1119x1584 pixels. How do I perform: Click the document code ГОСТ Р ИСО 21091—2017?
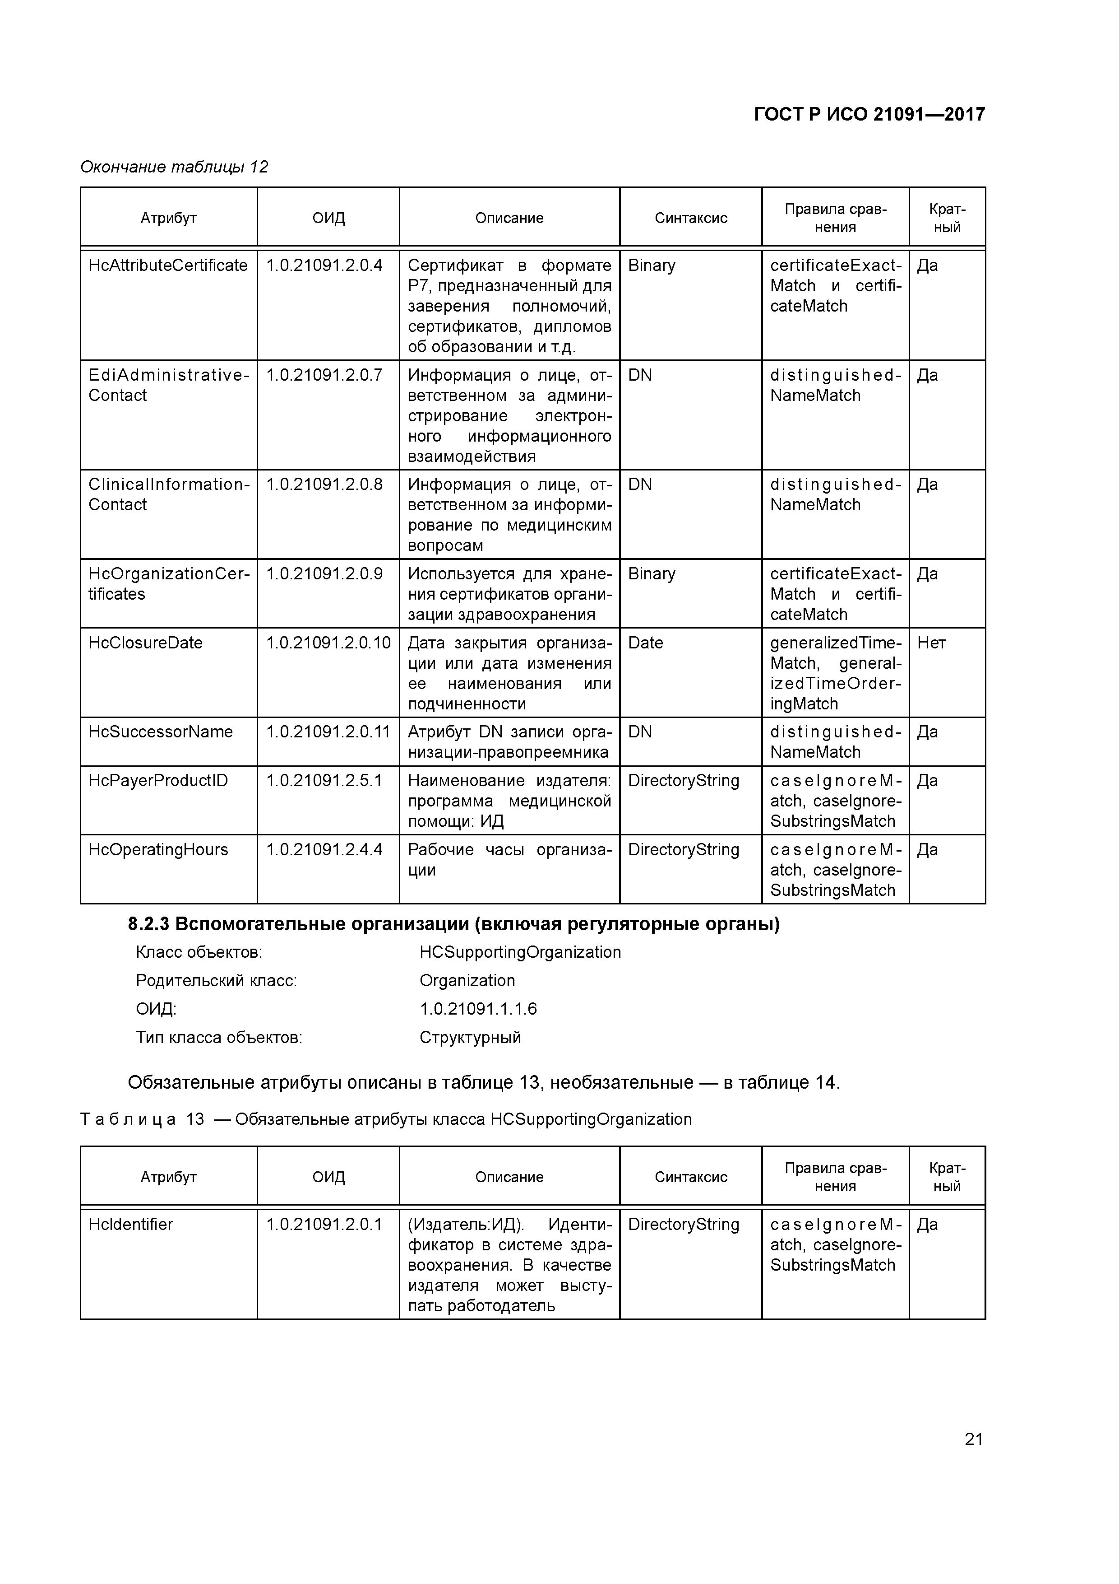869,115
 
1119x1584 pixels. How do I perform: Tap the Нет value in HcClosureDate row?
931,643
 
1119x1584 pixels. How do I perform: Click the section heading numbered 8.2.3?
453,924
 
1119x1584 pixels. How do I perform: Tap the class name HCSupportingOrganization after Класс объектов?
520,953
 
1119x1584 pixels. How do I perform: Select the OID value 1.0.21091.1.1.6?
478,1009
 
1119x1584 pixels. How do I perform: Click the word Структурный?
470,1038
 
